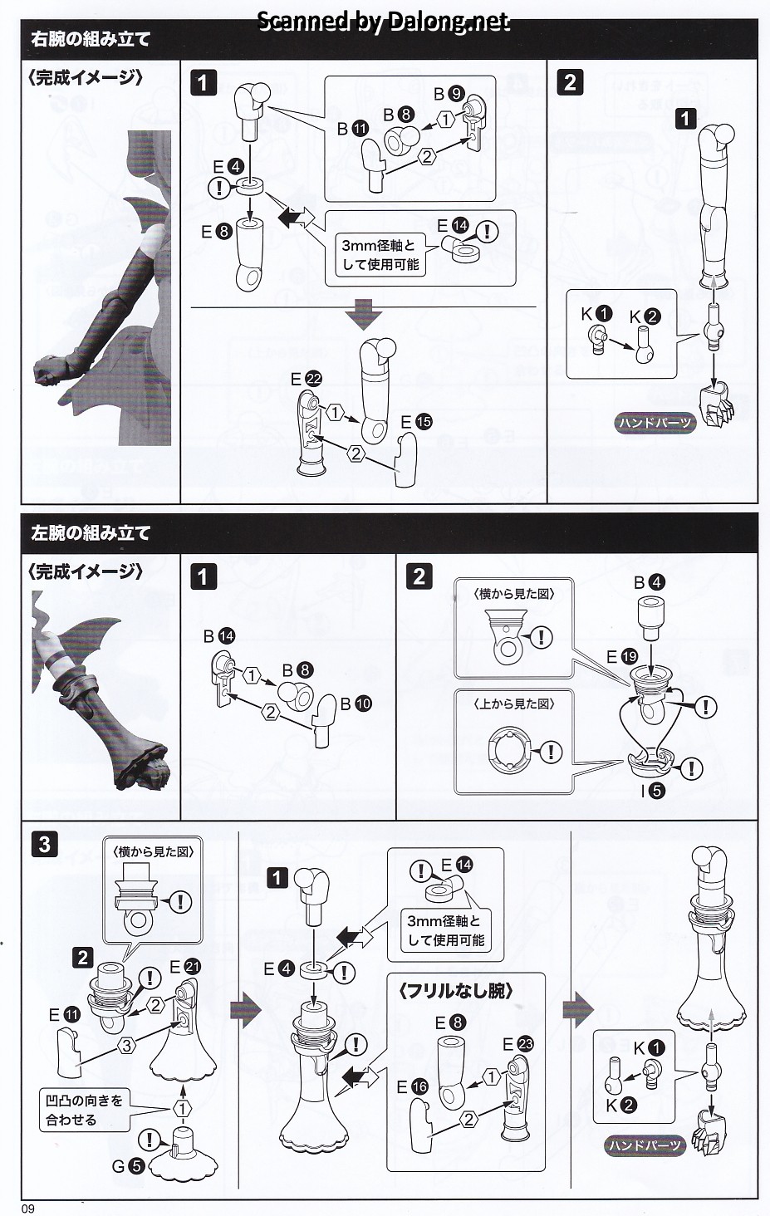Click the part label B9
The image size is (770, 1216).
[449, 94]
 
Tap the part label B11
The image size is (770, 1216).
[352, 129]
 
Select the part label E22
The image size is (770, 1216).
[306, 379]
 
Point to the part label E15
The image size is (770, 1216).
[416, 422]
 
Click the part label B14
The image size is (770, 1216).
[218, 635]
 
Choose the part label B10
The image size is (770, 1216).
[356, 704]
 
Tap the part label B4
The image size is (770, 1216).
[649, 582]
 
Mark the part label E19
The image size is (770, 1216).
[622, 657]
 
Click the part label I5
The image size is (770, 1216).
[652, 791]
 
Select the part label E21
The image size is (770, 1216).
[185, 966]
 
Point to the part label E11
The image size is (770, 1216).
[64, 1014]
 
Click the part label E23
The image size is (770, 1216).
[518, 1043]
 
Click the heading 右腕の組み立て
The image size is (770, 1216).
[91, 39]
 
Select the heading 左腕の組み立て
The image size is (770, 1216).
[91, 533]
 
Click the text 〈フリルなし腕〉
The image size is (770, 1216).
[455, 991]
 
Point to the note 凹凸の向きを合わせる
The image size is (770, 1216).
[84, 1110]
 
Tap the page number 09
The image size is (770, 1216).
[28, 1208]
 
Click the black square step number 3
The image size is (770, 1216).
[45, 845]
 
